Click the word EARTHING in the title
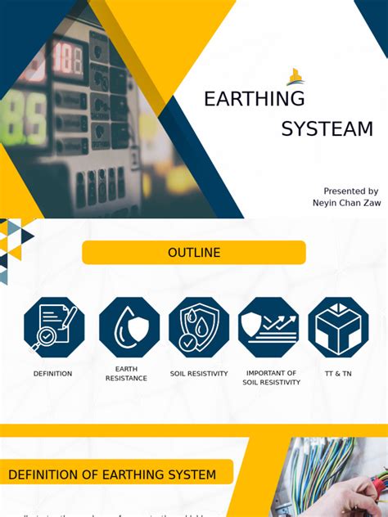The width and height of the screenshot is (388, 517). [254, 99]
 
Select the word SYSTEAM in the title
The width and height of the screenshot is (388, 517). [327, 129]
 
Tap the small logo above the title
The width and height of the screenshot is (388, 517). [295, 78]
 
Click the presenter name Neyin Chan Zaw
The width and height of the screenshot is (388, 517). [346, 203]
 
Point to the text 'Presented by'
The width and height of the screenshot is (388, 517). [350, 191]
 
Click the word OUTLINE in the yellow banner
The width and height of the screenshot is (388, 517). [194, 253]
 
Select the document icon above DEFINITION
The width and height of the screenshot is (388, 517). [54, 327]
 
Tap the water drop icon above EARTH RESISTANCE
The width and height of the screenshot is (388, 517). [129, 327]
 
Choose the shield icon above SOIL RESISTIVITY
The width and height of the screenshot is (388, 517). [199, 327]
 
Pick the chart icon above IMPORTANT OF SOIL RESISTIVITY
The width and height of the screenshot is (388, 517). [268, 327]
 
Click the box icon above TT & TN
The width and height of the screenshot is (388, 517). [338, 327]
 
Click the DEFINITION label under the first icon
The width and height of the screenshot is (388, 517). [52, 374]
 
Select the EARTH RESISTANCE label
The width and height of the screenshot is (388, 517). [126, 374]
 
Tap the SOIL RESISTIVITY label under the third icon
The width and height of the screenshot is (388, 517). [199, 374]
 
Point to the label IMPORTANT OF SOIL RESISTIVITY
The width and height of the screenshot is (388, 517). [271, 377]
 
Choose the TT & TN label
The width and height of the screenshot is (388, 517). [337, 374]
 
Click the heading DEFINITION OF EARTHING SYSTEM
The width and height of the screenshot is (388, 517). [112, 474]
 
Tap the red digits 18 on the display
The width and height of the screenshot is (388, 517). [67, 60]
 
